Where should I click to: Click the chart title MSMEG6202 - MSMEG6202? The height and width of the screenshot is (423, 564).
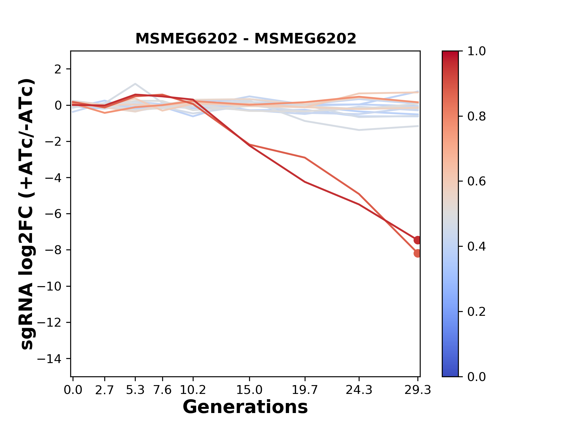coord(246,39)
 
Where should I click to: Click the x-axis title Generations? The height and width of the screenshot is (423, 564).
coord(245,407)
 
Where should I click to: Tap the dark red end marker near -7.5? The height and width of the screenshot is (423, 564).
coord(417,240)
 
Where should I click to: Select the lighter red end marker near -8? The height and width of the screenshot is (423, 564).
coord(417,253)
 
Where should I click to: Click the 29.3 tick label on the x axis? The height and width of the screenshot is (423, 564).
coord(418,390)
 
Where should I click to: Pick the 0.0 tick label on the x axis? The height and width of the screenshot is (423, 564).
coord(73,390)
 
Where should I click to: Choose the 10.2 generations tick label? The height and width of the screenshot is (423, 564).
coord(193,390)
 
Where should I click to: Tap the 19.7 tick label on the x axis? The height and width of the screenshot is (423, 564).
coord(305,390)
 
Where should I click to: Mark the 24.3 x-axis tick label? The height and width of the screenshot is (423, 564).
coord(359,390)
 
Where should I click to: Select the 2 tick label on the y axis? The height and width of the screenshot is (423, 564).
coord(58,69)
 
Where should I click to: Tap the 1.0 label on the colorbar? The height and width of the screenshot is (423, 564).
coord(476,51)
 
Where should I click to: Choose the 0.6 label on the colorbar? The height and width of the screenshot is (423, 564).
coord(476,182)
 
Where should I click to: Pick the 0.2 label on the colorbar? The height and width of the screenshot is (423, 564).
coord(476,312)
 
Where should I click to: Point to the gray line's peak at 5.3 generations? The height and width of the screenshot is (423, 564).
coord(135,84)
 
